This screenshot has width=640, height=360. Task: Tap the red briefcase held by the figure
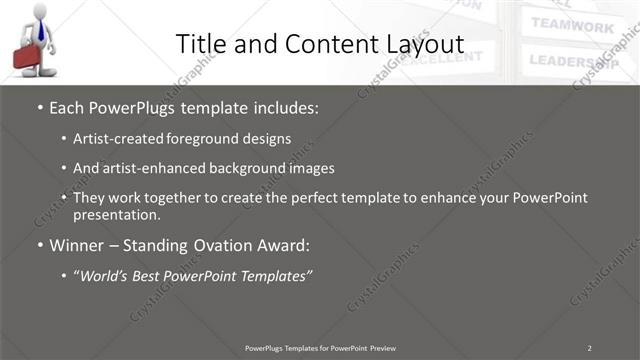coord(27,57)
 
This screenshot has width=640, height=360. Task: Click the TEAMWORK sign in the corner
coord(572,26)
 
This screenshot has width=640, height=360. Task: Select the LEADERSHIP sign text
coord(576,60)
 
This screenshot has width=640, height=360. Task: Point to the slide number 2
coord(589,347)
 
